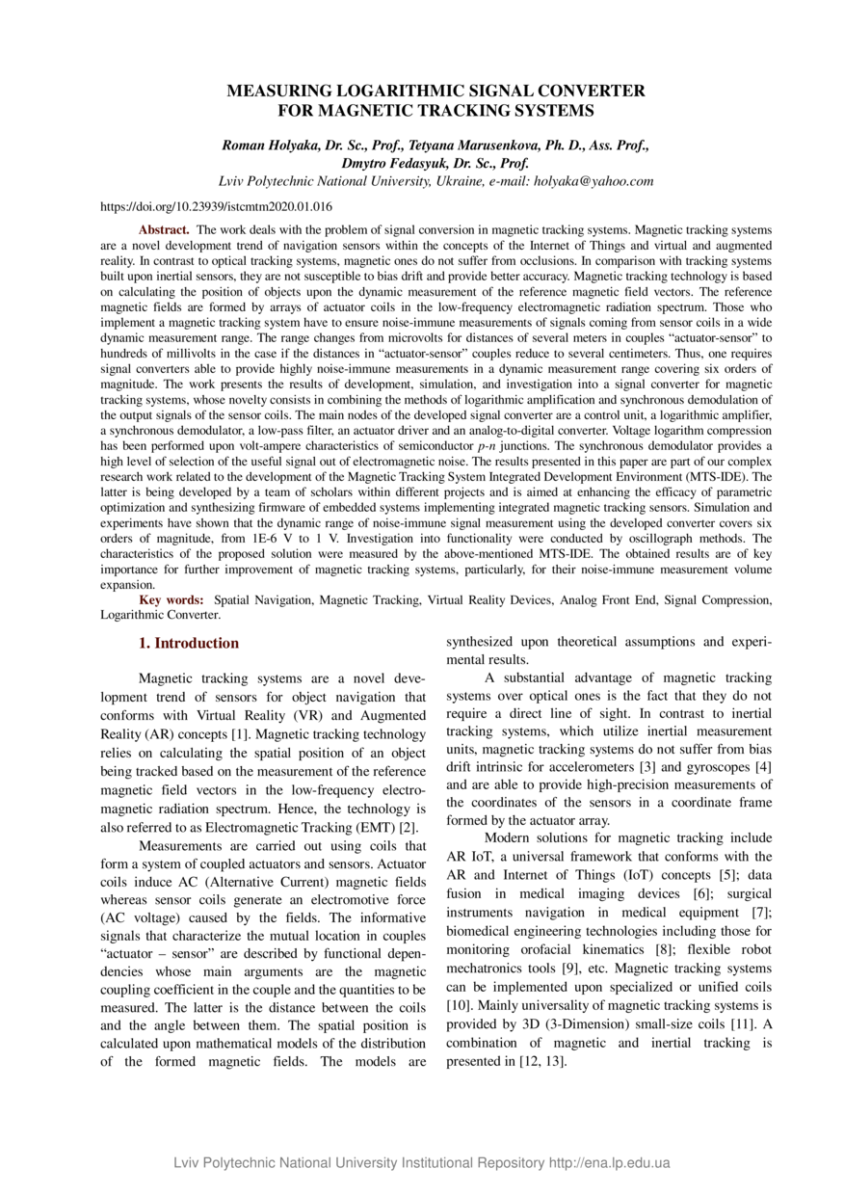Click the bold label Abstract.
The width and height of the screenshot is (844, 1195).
(x=164, y=230)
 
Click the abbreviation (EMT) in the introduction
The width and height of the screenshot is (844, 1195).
(x=376, y=828)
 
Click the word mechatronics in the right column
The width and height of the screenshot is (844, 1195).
(x=487, y=968)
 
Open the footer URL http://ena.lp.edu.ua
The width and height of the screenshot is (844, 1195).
(x=609, y=1162)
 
